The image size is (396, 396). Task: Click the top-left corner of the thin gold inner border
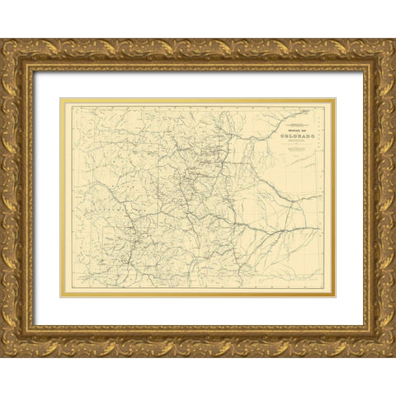coord(61,100)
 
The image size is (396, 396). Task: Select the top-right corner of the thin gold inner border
coord(335,100)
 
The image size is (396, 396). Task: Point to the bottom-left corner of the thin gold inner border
coord(61,297)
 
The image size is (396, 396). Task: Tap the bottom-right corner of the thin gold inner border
coord(335,297)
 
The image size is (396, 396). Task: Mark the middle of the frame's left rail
coord(16,198)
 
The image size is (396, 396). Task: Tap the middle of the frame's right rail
coord(379,198)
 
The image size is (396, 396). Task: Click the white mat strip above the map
coord(198,84)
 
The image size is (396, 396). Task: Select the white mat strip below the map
coord(198,312)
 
